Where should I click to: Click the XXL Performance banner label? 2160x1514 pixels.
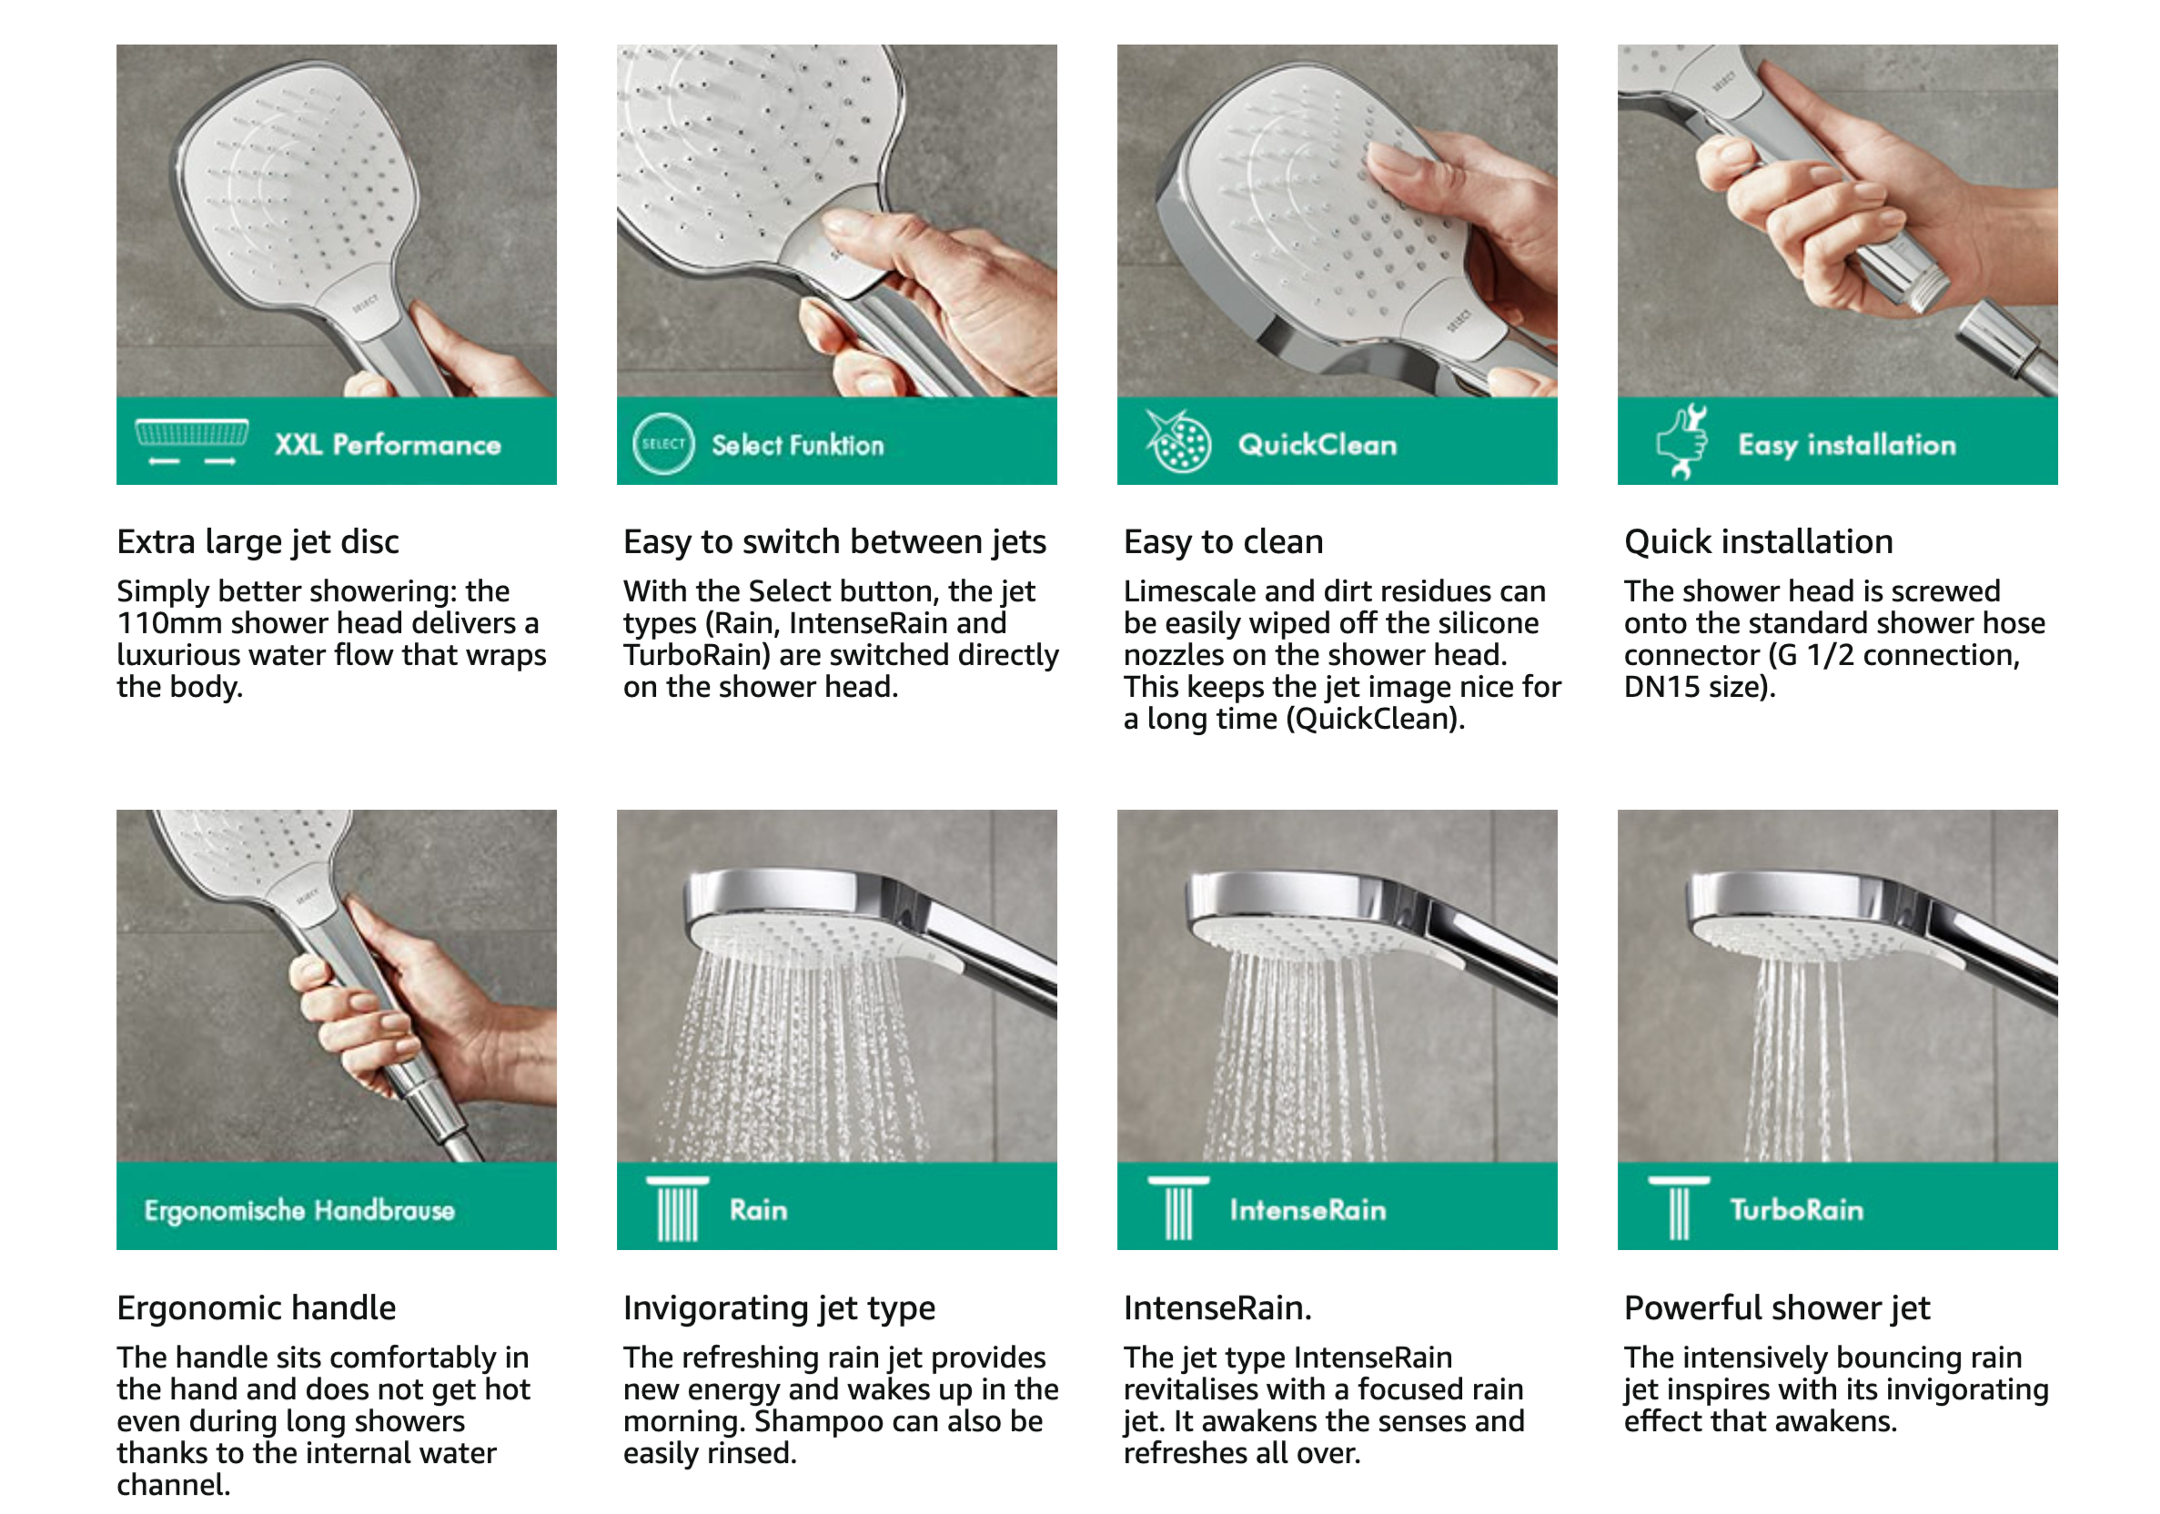pos(388,444)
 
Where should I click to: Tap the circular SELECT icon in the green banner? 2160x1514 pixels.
pos(663,443)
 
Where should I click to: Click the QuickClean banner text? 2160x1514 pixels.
pos(1317,444)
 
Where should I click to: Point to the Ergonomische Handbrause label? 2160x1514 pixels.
pos(299,1210)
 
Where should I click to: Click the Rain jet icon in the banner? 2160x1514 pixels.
pos(677,1209)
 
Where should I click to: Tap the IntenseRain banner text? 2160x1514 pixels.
pos(1307,1210)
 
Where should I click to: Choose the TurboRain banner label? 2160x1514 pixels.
pos(1796,1210)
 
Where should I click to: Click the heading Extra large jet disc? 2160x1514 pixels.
pos(257,542)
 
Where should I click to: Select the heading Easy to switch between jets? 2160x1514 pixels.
pos(834,542)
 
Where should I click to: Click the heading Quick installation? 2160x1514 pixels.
pos(1758,542)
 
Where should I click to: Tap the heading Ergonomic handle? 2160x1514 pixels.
pos(256,1308)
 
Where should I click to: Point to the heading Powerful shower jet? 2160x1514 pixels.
pos(1777,1308)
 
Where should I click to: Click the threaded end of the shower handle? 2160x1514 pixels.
pos(1923,287)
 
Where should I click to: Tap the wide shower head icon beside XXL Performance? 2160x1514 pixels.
pos(192,441)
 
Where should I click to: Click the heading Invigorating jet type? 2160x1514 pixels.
pos(779,1308)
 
